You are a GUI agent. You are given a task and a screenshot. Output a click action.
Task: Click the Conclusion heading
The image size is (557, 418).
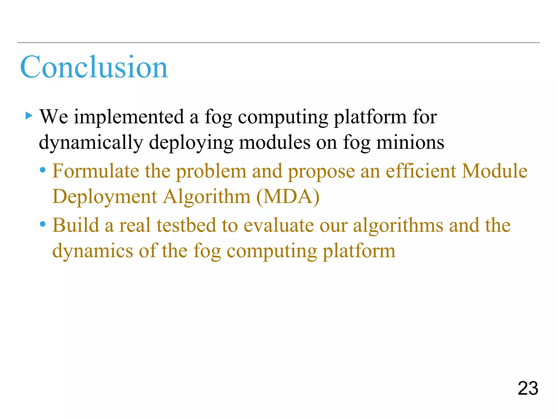point(94,67)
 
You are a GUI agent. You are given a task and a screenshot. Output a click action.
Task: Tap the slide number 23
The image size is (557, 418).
point(528,388)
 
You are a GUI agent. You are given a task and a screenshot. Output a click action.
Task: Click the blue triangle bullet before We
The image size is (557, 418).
point(29,116)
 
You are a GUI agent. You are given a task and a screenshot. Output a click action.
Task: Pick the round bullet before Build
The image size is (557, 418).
point(43,225)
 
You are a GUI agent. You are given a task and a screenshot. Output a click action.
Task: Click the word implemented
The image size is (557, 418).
point(129,117)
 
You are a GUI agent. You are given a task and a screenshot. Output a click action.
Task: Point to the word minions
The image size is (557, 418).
point(410,143)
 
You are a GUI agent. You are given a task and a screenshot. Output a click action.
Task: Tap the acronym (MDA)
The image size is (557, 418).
point(288,197)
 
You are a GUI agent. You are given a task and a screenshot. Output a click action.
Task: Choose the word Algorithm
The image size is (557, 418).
point(207,197)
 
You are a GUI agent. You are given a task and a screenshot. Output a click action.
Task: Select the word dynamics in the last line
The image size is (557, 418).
point(92,251)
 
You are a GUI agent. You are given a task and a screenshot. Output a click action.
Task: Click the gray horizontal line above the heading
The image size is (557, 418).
point(278,43)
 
